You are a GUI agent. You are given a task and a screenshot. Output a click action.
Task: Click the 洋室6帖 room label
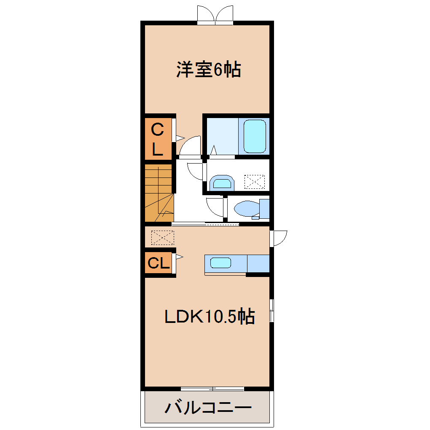click(208, 70)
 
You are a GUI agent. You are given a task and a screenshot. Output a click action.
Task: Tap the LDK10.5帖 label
click(210, 317)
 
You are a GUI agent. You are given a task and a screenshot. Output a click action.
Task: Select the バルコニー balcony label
click(208, 408)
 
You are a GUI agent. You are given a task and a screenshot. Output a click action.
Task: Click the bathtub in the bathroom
click(255, 136)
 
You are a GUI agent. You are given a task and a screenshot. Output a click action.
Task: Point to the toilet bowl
click(247, 208)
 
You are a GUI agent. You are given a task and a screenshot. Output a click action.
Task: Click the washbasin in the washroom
click(222, 183)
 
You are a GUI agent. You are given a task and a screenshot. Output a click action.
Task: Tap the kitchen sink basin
click(221, 263)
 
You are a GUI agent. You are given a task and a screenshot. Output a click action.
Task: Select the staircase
click(159, 193)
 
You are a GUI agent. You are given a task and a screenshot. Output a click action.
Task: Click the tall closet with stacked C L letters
click(158, 139)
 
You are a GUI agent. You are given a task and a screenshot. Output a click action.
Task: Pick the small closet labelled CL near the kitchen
click(159, 263)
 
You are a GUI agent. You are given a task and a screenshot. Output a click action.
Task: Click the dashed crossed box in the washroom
click(255, 182)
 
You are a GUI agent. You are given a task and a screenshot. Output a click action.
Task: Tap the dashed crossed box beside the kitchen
click(163, 237)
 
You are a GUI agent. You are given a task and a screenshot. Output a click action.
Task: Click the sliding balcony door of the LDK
click(212, 389)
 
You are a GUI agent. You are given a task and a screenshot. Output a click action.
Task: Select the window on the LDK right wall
click(272, 310)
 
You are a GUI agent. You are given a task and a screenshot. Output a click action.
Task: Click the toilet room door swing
click(215, 207)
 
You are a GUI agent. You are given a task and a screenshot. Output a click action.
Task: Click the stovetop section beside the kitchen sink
click(258, 263)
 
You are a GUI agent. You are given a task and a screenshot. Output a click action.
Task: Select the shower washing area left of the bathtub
click(223, 136)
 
